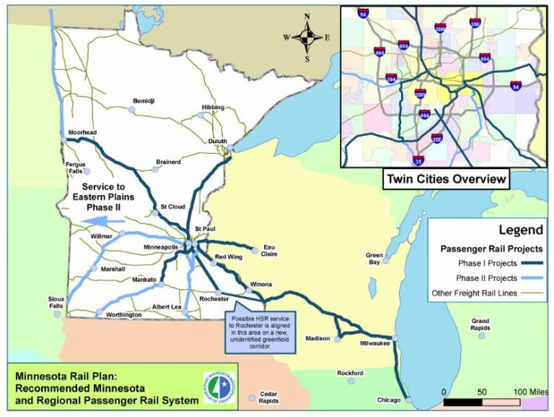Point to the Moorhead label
(82, 133)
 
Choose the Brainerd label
(168, 162)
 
